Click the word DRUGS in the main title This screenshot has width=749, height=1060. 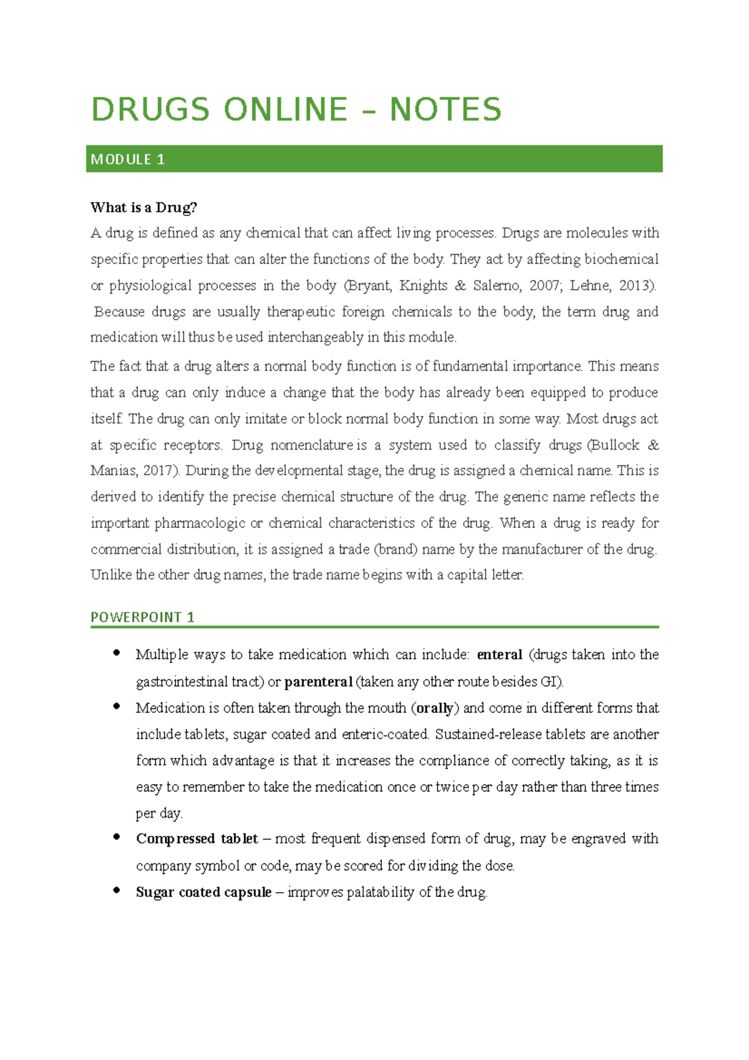pos(150,110)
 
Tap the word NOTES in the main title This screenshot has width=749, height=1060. pos(446,110)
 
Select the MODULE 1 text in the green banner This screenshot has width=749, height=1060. pos(128,160)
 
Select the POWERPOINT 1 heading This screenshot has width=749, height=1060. pos(142,617)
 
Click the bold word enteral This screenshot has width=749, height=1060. pos(499,655)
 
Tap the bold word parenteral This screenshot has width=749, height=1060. pos(318,682)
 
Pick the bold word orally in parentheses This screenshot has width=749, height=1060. pos(435,709)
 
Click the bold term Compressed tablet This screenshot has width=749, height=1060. pos(197,839)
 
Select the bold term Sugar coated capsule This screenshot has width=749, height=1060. pos(203,893)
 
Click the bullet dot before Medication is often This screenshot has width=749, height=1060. pos(116,707)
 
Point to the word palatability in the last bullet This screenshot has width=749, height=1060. pos(380,893)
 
